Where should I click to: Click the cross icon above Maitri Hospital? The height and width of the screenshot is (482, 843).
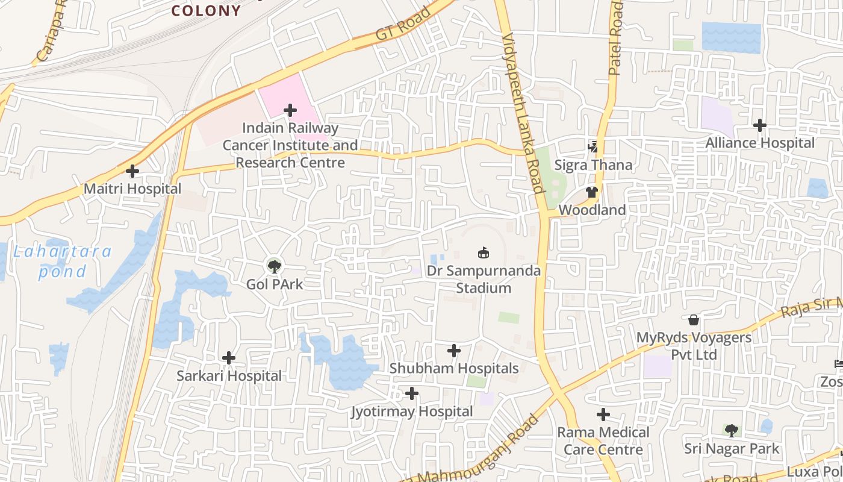pos(132,171)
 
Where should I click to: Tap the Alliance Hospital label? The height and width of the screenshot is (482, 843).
pos(760,143)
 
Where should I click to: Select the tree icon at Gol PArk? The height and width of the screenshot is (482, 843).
pos(274,265)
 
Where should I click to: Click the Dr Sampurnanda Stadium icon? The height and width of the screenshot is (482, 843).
pos(483,252)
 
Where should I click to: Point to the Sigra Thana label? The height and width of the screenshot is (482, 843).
pos(593,165)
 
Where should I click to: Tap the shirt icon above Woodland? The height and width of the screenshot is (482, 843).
pos(592,192)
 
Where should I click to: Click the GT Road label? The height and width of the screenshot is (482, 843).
pos(403,24)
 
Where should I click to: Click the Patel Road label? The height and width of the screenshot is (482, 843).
pos(615,37)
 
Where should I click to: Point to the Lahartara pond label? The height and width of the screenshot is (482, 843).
pos(63,261)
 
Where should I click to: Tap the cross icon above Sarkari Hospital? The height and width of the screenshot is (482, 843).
pos(229,358)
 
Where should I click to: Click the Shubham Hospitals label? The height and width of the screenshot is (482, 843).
pos(453,368)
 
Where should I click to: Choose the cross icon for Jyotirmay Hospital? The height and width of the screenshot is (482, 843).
pos(412,394)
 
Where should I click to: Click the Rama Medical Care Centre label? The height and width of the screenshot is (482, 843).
pos(603,440)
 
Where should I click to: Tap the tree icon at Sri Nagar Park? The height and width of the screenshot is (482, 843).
pos(732,430)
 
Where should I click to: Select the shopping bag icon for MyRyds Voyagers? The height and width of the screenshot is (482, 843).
pos(694,319)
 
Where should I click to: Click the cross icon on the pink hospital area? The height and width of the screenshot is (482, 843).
pos(290,110)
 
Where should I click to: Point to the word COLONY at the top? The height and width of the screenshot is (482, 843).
pos(206,11)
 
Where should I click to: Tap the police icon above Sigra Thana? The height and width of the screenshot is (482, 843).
pos(593,146)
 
